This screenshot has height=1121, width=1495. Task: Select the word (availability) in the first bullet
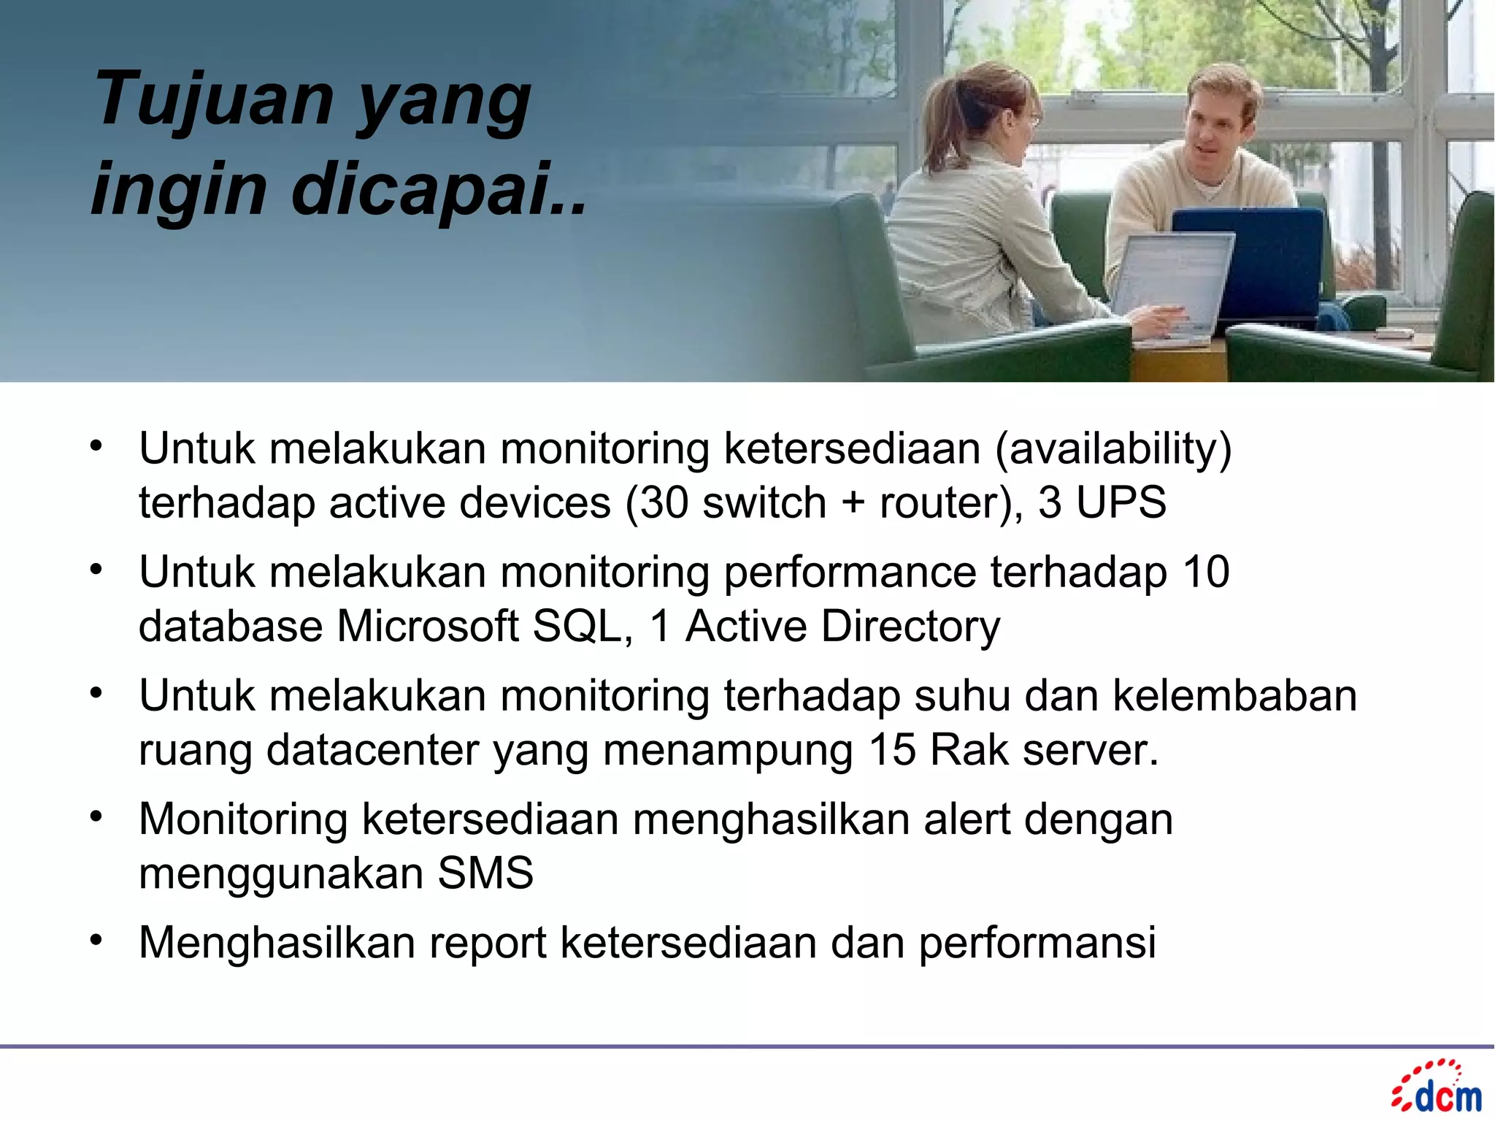1114,448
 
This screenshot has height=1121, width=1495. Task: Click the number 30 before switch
664,502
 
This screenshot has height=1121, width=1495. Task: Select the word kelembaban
1234,695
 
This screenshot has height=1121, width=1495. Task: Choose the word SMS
485,873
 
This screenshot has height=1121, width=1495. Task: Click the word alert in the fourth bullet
966,819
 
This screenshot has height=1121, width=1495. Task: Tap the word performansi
1037,942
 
